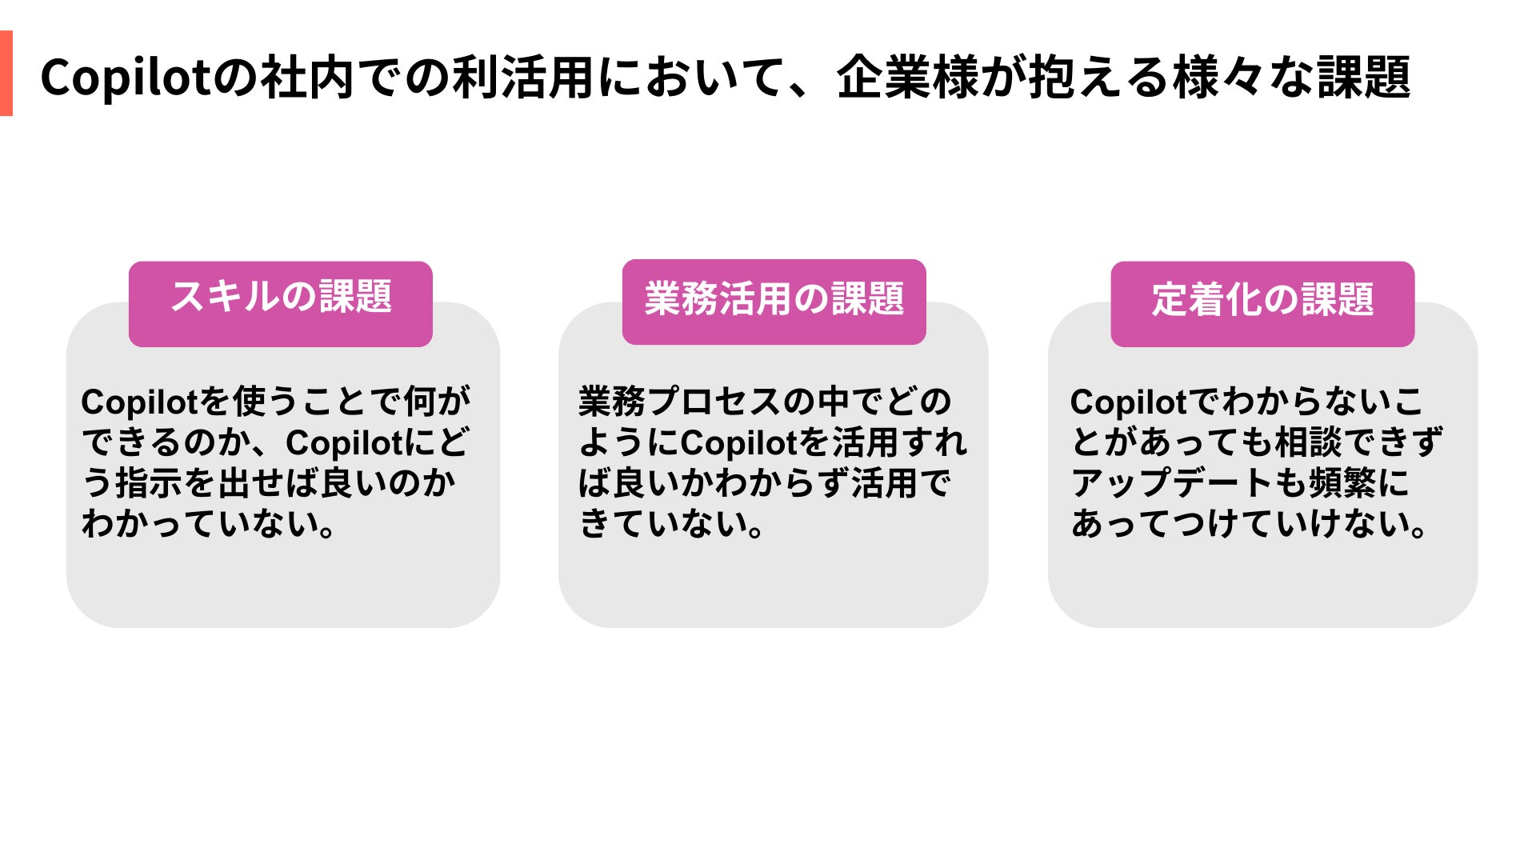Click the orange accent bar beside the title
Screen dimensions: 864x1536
(6, 74)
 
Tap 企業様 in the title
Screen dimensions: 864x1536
(907, 78)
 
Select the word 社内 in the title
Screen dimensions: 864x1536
(308, 78)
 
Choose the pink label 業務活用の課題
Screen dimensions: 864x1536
(774, 299)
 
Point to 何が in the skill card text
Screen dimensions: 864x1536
(437, 402)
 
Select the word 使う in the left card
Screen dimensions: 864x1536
(250, 402)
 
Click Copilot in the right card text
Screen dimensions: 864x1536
(1129, 402)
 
